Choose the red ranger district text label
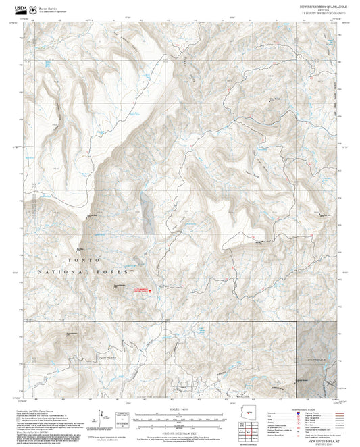[x=140, y=290]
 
